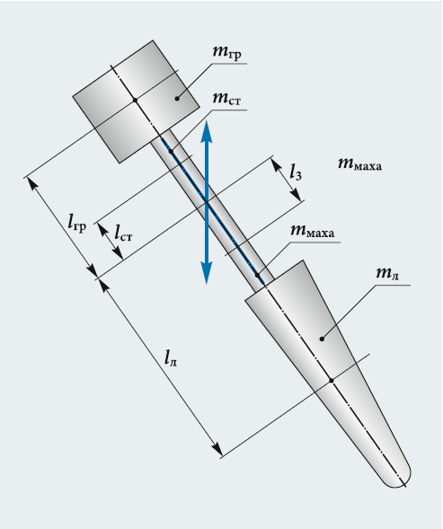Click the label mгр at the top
227,52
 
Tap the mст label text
227,99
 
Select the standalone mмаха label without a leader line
360,164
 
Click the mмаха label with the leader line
313,231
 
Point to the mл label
387,273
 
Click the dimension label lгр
77,223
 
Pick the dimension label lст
123,233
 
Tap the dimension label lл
171,358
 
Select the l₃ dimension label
296,172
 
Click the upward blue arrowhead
207,131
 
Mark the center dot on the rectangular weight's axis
135,100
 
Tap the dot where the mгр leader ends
177,99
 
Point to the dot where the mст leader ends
171,151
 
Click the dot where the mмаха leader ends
257,276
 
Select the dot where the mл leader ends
322,339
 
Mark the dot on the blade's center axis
332,381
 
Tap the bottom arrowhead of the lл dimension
217,450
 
